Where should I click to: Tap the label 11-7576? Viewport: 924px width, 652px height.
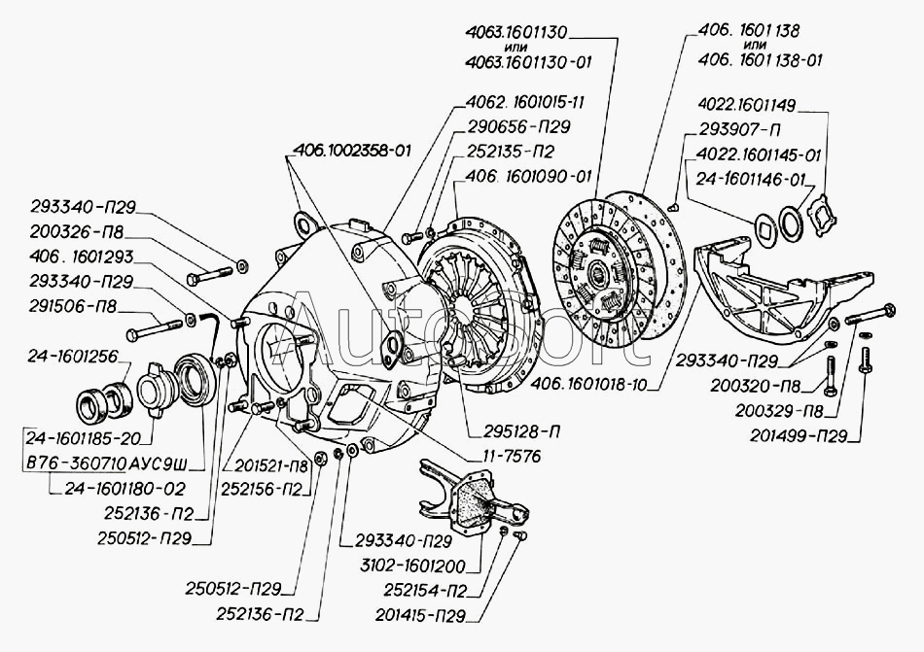[502, 454]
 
